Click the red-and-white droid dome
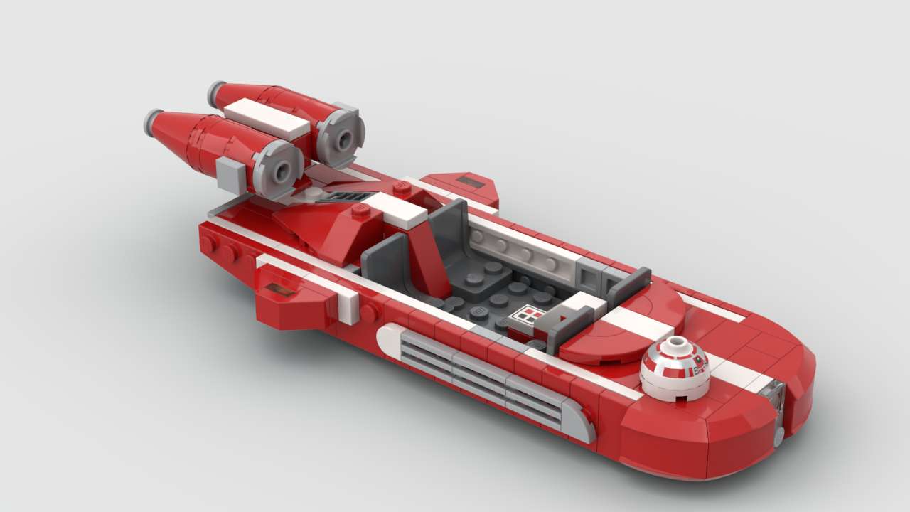[x=675, y=367]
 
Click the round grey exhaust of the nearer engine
[x=278, y=169]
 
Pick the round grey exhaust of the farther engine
[x=340, y=136]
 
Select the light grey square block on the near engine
[x=230, y=175]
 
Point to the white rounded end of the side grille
[x=390, y=339]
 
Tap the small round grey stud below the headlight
[x=779, y=435]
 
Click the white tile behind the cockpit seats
[x=400, y=210]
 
